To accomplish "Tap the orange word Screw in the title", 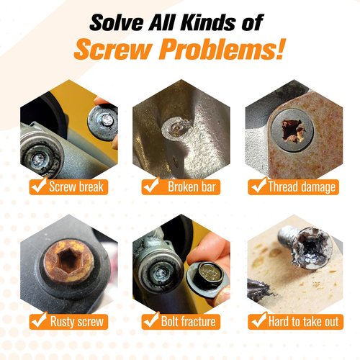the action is coord(113,50).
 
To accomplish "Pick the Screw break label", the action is coord(69,186).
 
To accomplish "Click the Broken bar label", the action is coord(181,186).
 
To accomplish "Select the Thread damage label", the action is coord(293,186).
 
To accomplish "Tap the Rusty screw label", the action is coord(69,322).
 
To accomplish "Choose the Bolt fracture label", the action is coord(181,322).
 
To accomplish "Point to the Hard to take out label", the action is coord(295,322).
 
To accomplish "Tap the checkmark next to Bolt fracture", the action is coord(151,320).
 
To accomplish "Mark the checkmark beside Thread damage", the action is coord(258,185).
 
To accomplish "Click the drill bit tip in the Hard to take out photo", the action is coord(264,289).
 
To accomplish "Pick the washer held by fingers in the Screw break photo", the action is coord(103,123).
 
